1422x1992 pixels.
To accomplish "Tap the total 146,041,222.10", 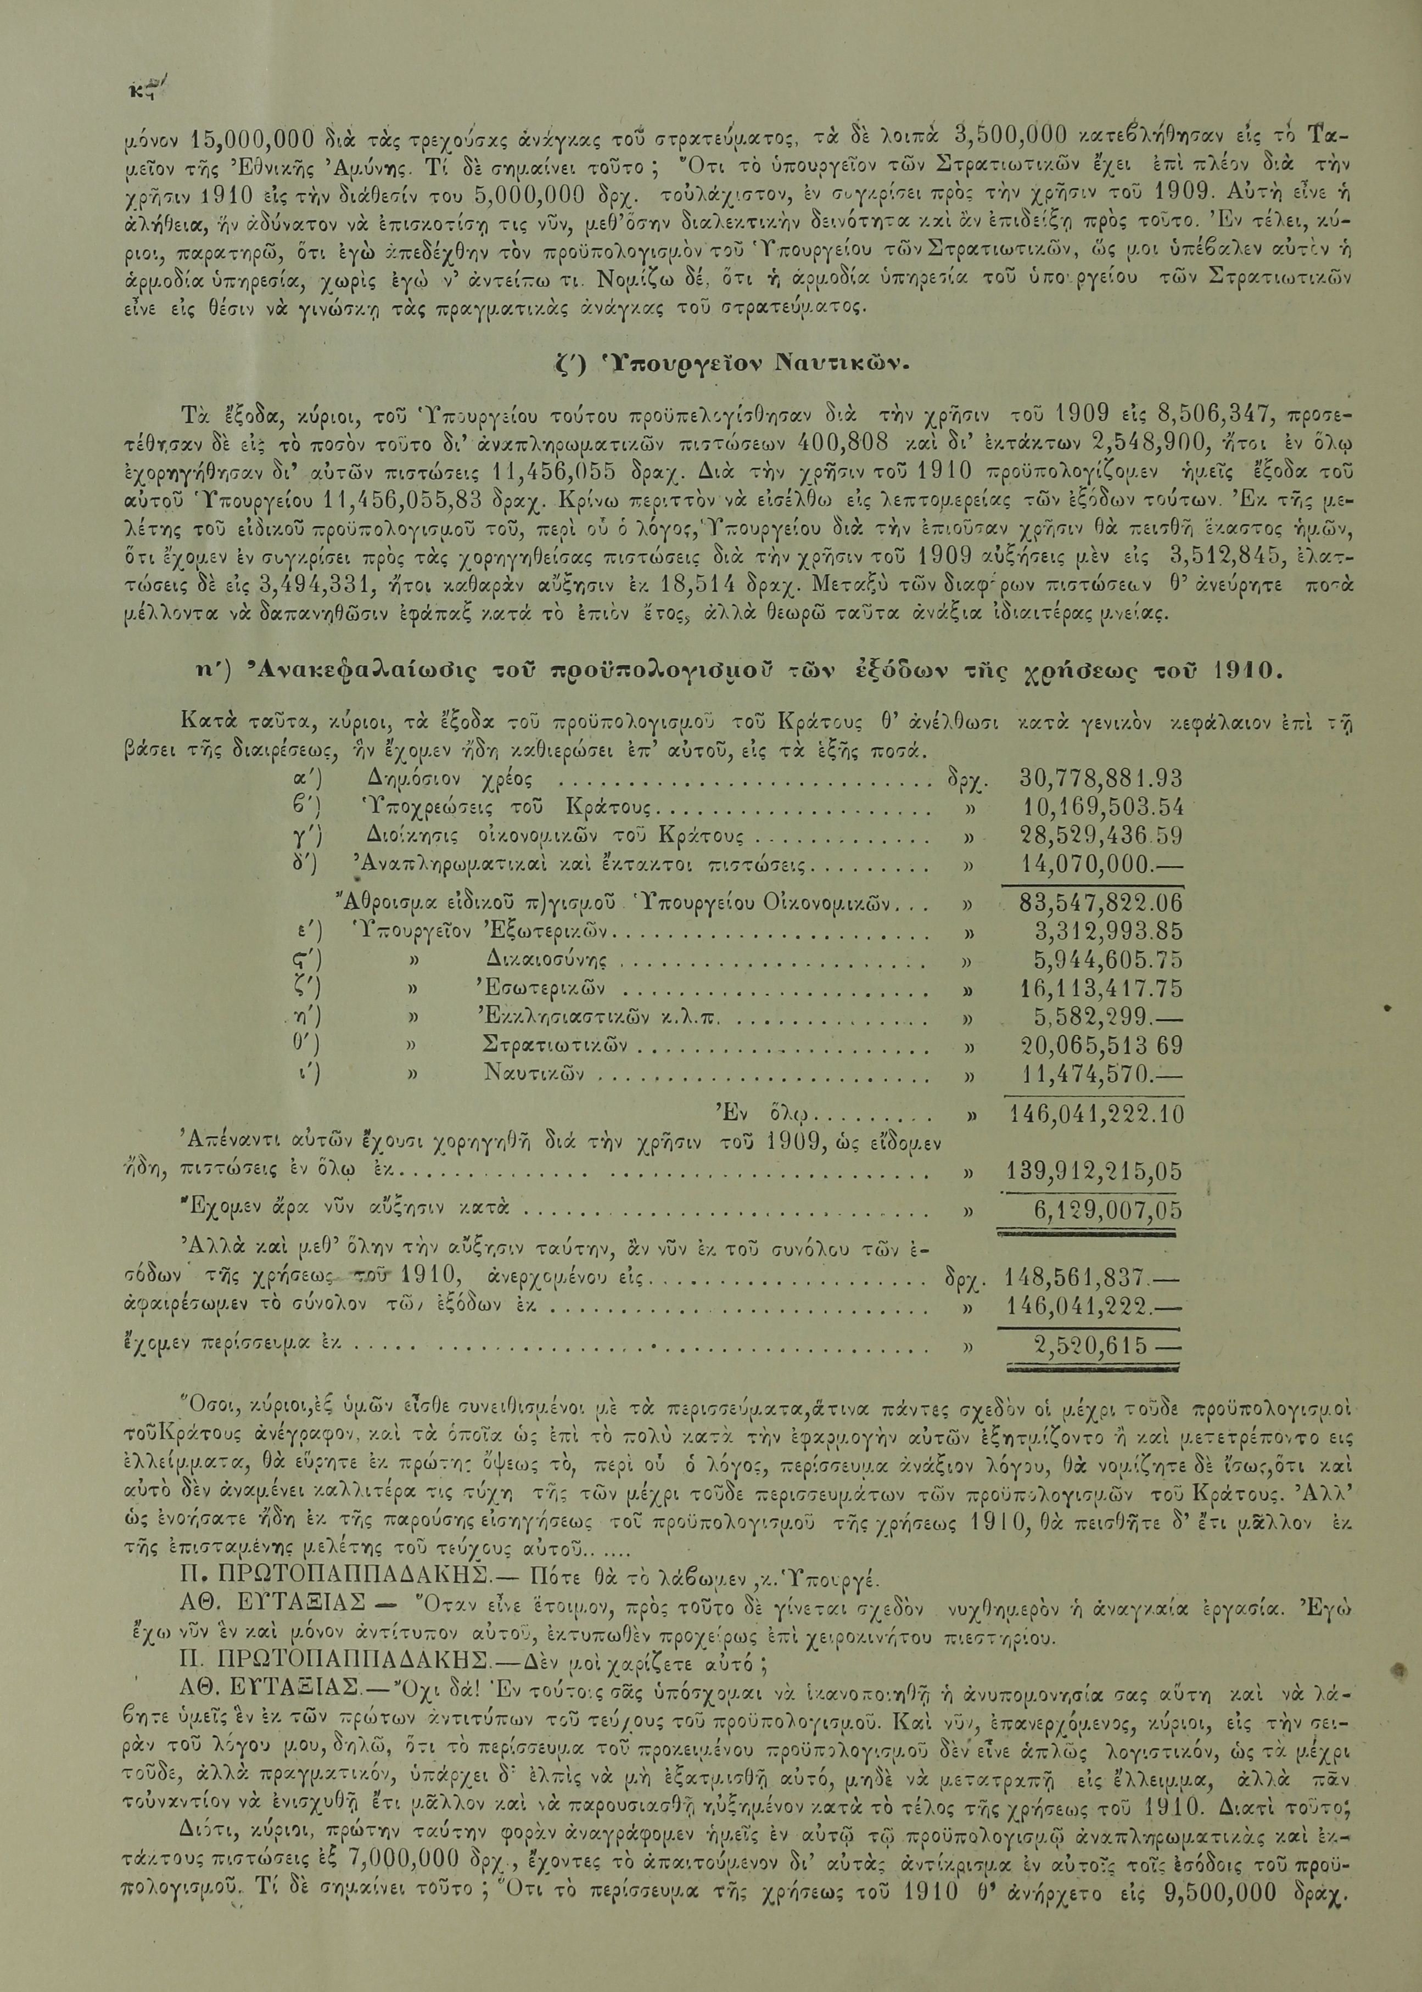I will tap(1095, 1114).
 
